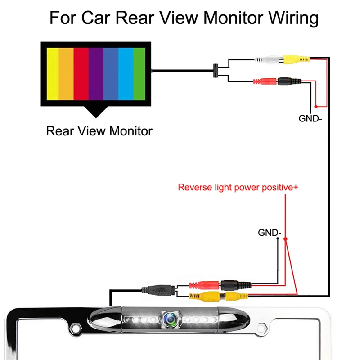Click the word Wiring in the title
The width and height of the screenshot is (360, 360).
(293, 18)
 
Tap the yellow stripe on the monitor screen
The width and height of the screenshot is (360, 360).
(53, 74)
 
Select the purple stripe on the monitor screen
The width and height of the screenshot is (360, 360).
(96, 74)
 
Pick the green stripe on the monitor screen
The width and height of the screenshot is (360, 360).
(139, 74)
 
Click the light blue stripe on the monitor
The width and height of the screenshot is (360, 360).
(126, 74)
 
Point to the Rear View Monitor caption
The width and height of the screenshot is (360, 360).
(99, 131)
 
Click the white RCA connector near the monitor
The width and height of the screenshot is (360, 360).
(269, 60)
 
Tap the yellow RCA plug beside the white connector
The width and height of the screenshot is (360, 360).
(296, 59)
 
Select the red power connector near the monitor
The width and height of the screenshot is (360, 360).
(265, 81)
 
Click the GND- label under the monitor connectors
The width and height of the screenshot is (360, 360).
(310, 119)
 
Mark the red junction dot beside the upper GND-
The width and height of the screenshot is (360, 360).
(316, 107)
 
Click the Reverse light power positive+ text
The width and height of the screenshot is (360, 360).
(238, 187)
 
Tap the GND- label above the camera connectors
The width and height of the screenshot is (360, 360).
(270, 233)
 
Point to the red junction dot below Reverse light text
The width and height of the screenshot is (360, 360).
(285, 239)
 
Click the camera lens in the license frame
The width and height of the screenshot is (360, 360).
(171, 319)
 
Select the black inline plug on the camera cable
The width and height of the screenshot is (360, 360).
(159, 290)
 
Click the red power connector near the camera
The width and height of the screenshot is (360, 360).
(204, 285)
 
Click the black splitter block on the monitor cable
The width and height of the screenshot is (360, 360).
(216, 71)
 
